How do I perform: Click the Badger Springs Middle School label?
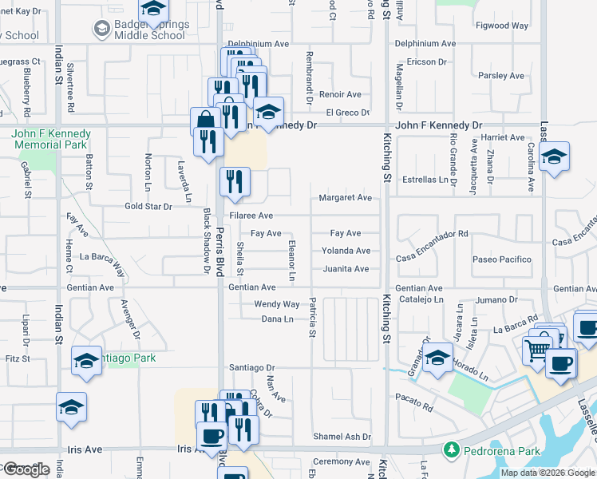tap(152, 30)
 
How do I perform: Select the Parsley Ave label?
tap(501, 76)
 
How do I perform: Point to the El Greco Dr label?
tap(347, 113)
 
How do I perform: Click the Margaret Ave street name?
tap(346, 197)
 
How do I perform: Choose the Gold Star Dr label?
tap(148, 207)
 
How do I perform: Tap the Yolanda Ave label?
tap(346, 251)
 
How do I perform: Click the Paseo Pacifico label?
tap(501, 259)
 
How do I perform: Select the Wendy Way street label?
tap(276, 304)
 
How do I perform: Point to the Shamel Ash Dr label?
tap(342, 437)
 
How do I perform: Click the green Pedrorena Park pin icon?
tap(452, 450)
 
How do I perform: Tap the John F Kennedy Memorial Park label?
tap(49, 139)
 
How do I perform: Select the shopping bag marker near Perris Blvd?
tap(205, 121)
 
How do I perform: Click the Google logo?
tap(26, 469)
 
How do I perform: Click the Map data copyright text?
tap(548, 473)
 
